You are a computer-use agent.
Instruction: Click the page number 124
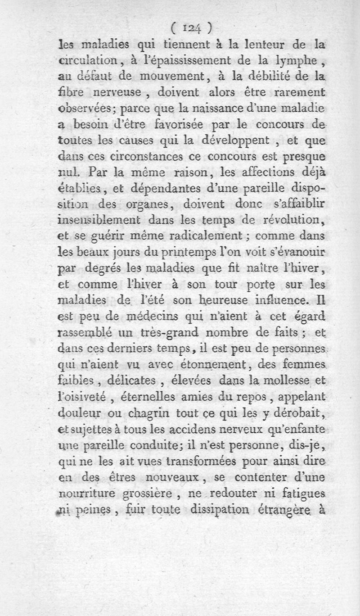click(191, 28)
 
